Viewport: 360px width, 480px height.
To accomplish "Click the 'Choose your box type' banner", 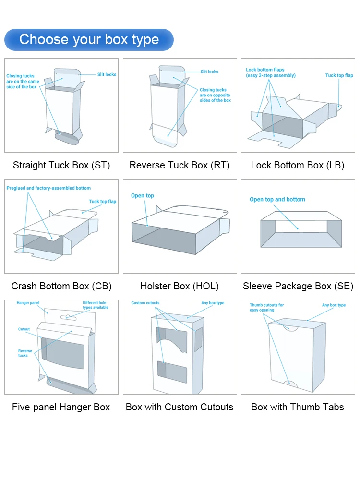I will pos(89,39).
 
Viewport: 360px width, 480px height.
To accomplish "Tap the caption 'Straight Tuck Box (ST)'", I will pos(61,165).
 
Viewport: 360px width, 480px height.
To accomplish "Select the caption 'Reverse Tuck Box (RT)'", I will pos(180,165).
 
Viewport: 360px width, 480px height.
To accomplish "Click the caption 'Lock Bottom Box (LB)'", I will pos(298,165).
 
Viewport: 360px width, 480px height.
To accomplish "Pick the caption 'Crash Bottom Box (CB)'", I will pos(61,286).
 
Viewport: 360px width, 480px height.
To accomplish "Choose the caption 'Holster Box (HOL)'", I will pos(180,286).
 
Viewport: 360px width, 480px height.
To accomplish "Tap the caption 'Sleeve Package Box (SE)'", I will pos(298,286).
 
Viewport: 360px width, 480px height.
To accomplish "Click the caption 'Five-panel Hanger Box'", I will pos(61,407).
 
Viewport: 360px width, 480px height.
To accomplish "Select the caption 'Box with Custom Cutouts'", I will pos(180,407).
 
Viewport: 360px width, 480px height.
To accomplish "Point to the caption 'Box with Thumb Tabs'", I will pos(298,407).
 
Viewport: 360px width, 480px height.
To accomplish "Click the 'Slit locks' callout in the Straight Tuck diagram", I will pos(107,74).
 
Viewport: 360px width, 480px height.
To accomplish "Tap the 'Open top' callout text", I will pos(143,196).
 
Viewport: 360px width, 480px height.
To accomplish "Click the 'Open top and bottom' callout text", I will pos(277,199).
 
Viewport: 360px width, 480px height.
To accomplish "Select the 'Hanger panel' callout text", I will pos(28,303).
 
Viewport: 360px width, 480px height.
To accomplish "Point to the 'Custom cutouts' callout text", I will pos(145,303).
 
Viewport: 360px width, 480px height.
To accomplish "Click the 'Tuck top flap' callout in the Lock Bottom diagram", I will pos(339,75).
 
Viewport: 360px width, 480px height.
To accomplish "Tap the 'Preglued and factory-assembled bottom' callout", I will pos(48,188).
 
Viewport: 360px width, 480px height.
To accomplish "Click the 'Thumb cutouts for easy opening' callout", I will pos(266,307).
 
